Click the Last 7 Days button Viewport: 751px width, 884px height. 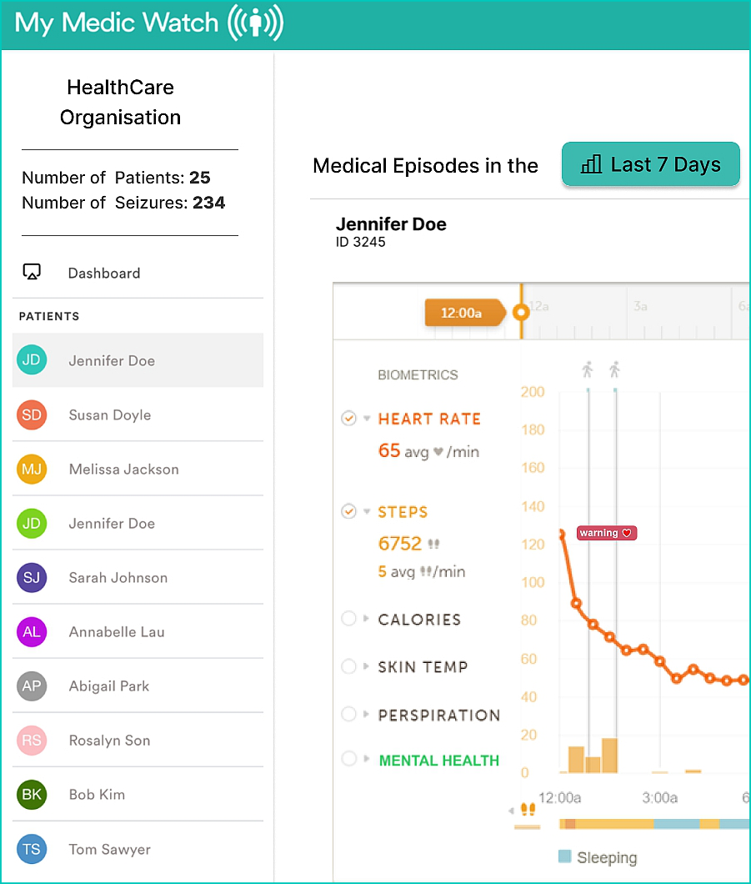651,164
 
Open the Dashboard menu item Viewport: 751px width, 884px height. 103,273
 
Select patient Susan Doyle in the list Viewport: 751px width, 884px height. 109,414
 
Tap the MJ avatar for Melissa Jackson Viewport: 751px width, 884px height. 32,469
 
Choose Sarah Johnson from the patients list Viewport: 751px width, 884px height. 118,577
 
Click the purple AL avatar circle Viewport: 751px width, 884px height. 32,631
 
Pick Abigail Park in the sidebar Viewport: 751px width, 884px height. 108,686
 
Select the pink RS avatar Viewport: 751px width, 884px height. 32,740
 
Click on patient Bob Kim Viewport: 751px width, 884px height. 97,794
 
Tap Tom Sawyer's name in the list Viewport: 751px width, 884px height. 109,849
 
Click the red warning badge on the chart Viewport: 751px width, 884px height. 607,533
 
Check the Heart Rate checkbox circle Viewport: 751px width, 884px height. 349,418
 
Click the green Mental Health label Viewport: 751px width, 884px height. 438,761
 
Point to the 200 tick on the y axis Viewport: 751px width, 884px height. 533,392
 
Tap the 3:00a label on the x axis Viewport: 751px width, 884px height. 659,798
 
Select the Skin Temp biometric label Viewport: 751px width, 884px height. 423,666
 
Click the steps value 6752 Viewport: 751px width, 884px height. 400,544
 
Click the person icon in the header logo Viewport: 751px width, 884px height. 256,24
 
